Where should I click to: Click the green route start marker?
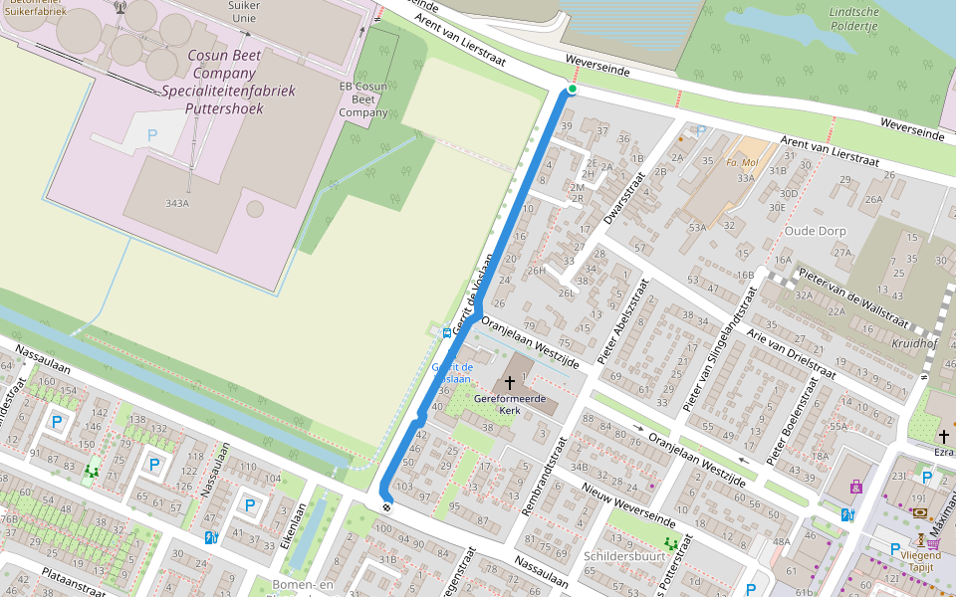click(573, 90)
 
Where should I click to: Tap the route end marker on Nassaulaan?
click(386, 505)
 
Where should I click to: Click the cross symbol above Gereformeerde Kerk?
click(510, 382)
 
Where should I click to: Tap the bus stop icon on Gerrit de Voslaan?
click(446, 333)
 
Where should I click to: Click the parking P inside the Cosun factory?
click(152, 134)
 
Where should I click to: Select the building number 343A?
click(177, 203)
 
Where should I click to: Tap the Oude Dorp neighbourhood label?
click(815, 231)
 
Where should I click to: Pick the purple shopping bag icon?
click(855, 487)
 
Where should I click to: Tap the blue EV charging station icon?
click(847, 514)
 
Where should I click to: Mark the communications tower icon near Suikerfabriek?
click(120, 6)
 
